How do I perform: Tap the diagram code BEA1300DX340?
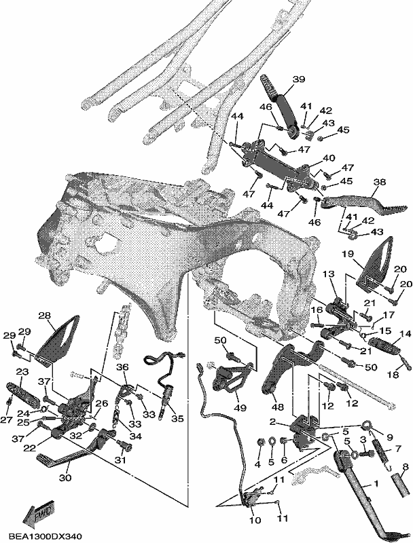(46, 536)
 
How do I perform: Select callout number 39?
(298, 79)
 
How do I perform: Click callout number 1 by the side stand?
(376, 483)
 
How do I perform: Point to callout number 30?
(65, 478)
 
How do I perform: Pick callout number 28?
(45, 316)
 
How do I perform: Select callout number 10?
(255, 520)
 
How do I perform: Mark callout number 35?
(177, 418)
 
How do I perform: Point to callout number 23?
(22, 371)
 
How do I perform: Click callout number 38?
(380, 182)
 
